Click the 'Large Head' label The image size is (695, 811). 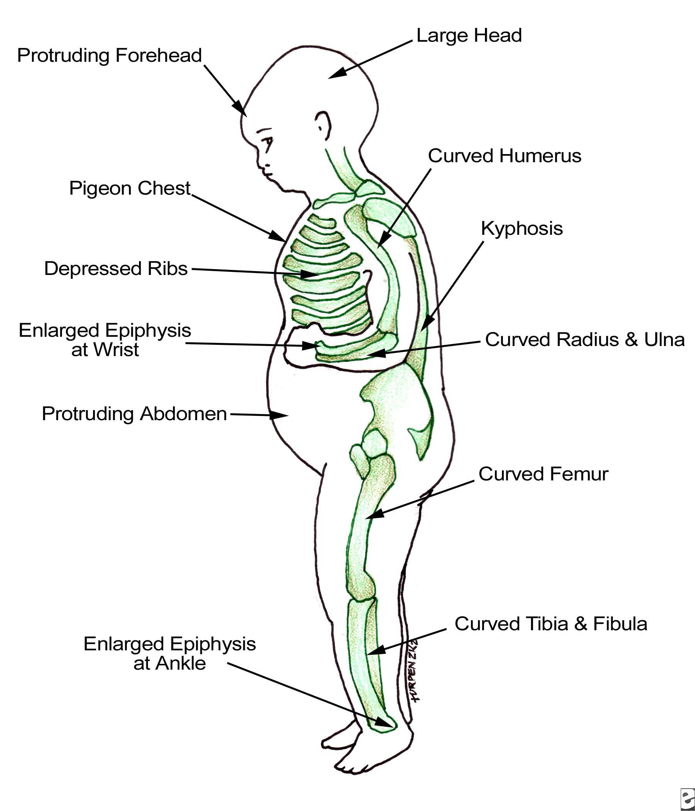point(469,36)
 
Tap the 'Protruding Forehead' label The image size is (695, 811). point(109,56)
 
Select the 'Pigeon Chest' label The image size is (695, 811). point(129,188)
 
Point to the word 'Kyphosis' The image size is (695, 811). point(522,229)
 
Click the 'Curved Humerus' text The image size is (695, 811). point(504,156)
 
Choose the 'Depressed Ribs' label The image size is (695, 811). point(116,269)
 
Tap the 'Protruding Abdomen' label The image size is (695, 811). point(134,414)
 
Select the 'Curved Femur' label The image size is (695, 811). point(543,474)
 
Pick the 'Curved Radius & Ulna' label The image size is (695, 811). point(585,340)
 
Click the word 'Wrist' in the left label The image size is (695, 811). point(105,350)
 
